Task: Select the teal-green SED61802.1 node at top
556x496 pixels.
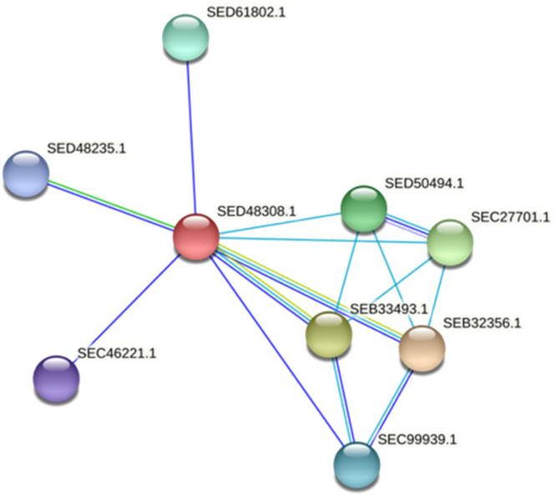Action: pos(185,38)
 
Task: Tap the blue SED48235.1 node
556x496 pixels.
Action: pos(26,174)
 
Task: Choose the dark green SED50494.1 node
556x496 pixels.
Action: pos(364,209)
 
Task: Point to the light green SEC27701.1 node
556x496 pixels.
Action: pos(450,242)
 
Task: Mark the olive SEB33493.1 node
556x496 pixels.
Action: pos(329,333)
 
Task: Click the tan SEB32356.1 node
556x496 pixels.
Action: pos(422,348)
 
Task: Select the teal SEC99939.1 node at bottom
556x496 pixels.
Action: pos(356,464)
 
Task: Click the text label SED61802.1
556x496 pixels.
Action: pos(245,13)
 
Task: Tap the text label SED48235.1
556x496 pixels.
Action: pos(86,148)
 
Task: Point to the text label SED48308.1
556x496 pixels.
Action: pos(256,211)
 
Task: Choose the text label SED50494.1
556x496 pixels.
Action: pos(425,182)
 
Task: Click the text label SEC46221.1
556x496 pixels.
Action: pos(117,353)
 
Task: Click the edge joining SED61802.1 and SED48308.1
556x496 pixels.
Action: pos(190,134)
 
